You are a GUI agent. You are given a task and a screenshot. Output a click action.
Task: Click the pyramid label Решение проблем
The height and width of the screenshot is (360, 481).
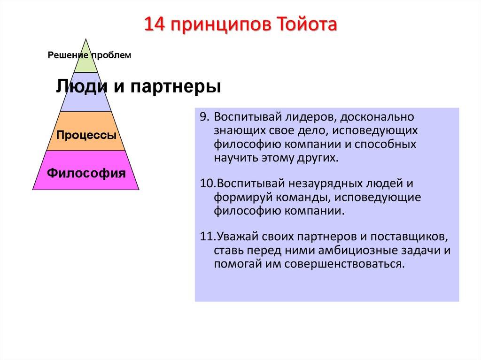89,55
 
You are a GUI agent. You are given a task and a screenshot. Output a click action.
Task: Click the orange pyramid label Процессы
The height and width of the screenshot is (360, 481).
86,136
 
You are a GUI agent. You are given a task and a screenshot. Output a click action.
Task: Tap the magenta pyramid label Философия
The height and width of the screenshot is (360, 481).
86,173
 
